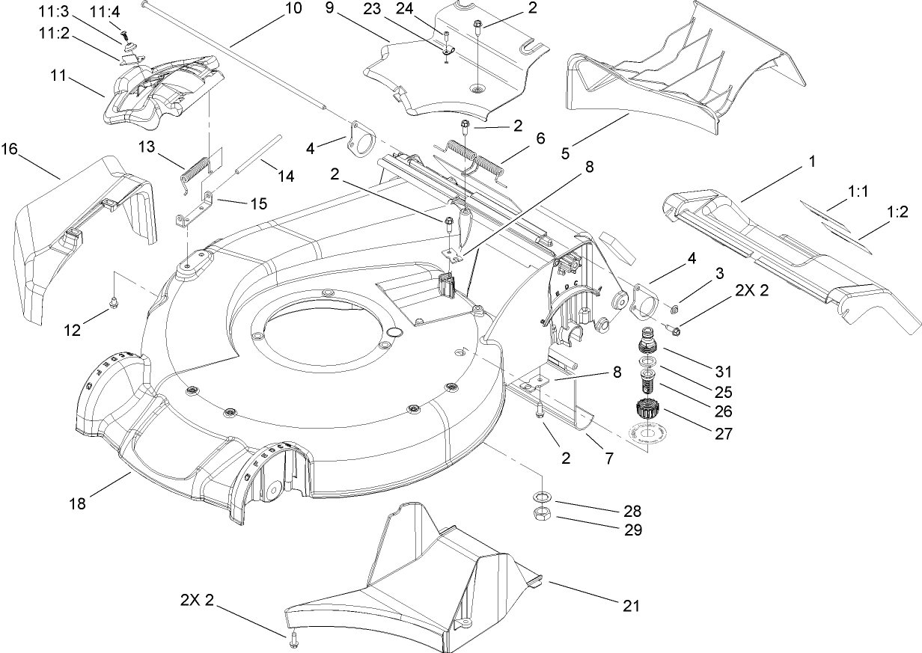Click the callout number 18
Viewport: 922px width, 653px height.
pos(78,503)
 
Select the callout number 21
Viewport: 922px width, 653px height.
pos(632,605)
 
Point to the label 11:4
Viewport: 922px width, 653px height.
pos(104,13)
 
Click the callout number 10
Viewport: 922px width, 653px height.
pos(294,9)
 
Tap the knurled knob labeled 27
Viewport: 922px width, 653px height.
pos(645,411)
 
